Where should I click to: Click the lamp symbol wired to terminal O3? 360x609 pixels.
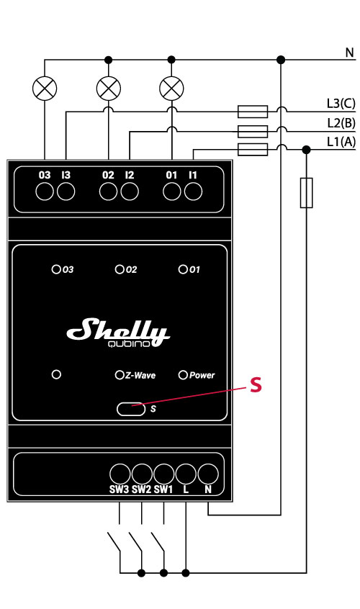pos(46,89)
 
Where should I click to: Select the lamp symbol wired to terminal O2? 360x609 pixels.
pos(109,89)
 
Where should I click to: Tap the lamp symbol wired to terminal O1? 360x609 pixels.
pos(171,89)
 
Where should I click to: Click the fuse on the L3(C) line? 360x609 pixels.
pos(252,112)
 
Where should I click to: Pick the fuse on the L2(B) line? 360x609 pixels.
pos(252,130)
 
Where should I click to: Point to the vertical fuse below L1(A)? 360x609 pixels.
pos(307,192)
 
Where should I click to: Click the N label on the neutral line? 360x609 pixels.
pos(349,53)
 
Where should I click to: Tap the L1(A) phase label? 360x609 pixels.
pos(341,142)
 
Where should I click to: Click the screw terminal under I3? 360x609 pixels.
pos(66,191)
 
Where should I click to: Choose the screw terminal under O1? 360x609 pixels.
pos(171,191)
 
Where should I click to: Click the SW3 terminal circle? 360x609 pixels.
pos(120,473)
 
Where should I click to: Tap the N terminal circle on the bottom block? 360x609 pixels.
pos(208,473)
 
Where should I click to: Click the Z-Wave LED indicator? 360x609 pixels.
pos(120,375)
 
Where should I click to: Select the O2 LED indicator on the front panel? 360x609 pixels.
pos(120,270)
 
